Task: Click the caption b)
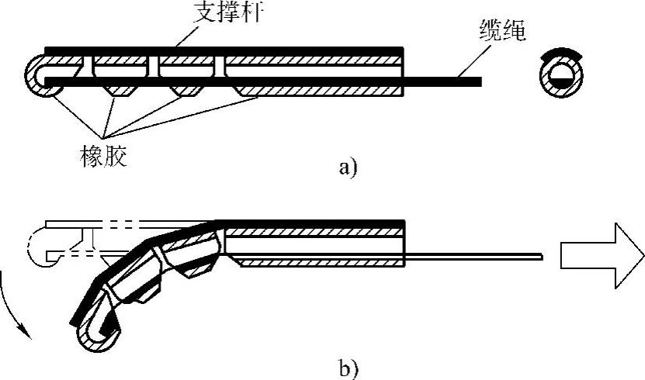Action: pos(348,364)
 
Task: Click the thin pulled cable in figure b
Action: pos(473,255)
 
